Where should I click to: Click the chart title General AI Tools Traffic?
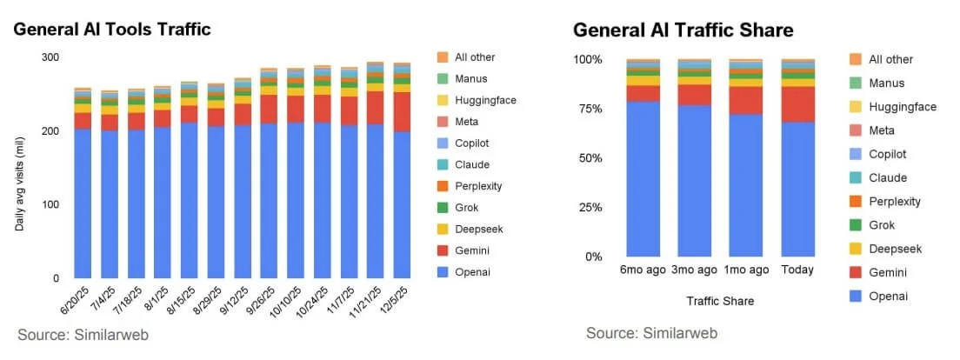point(112,30)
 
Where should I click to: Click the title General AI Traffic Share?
point(683,30)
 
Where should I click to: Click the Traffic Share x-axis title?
point(719,301)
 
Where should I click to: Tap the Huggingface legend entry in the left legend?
point(485,100)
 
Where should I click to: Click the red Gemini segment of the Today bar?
point(797,103)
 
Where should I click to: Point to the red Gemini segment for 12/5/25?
point(402,111)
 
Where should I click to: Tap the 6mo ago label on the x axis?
point(643,270)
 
